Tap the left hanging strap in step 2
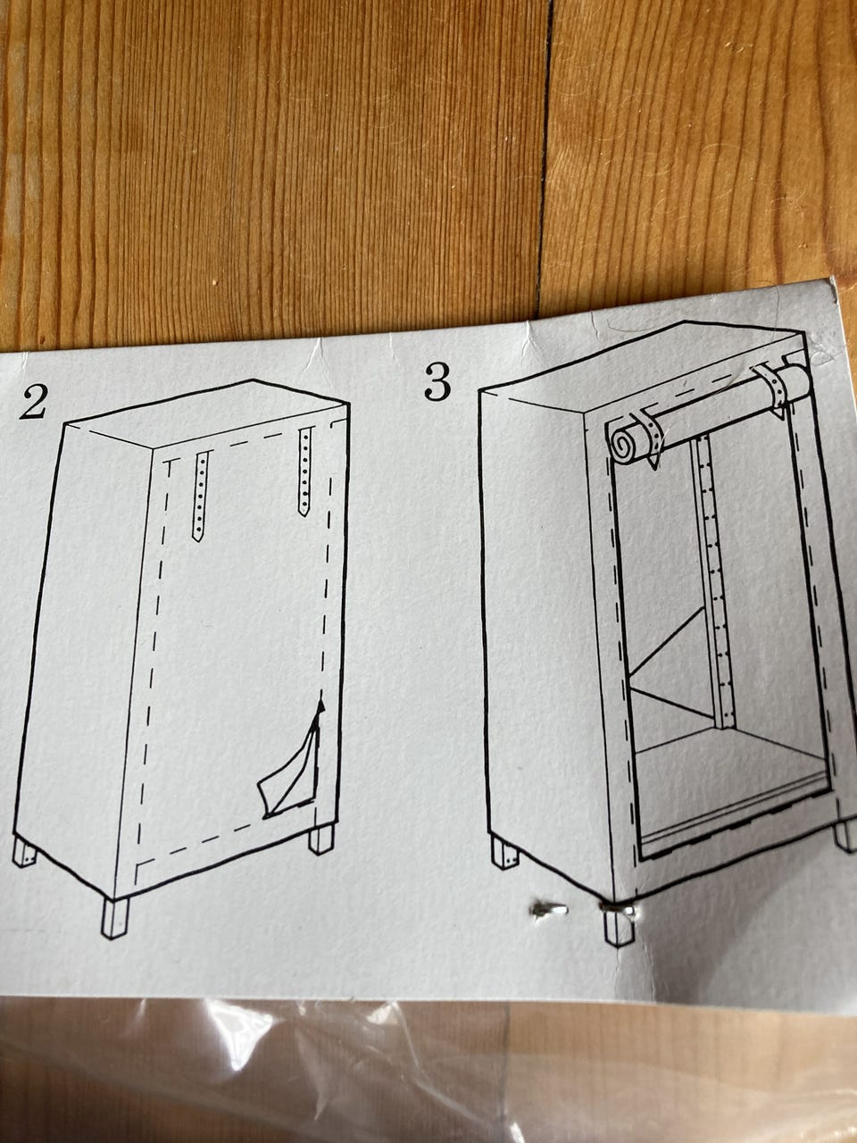pos(200,496)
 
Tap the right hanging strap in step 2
pos(305,471)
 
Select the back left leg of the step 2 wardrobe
pos(24,853)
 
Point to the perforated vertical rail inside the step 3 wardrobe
pos(714,583)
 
